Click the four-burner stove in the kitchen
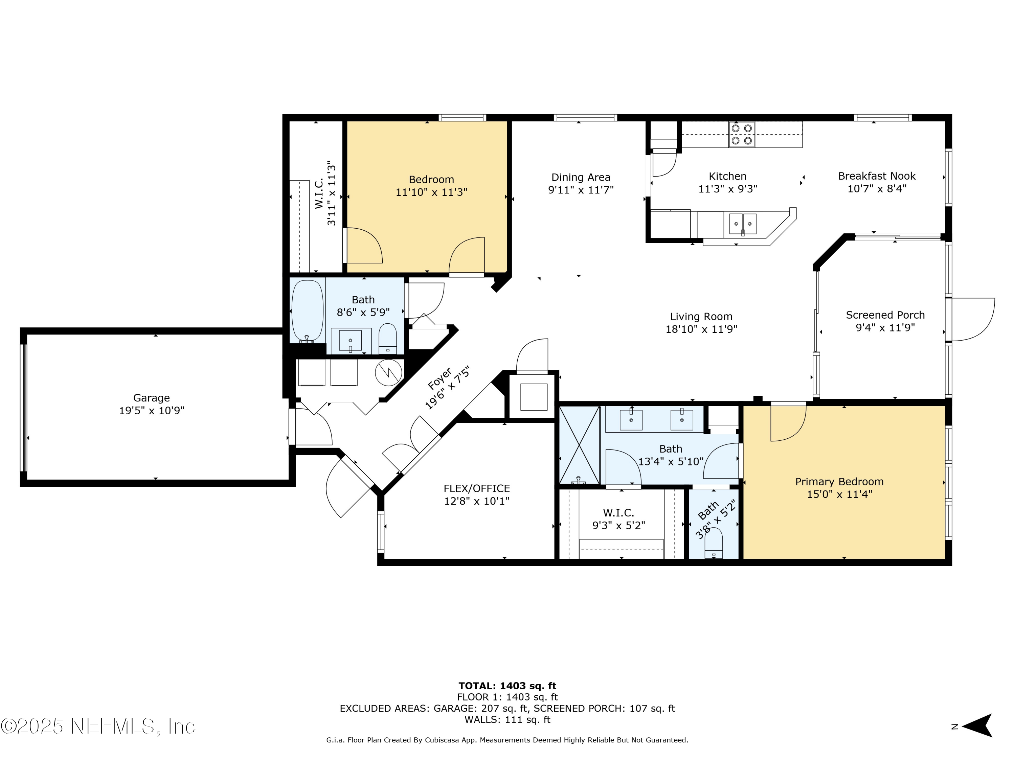pyautogui.click(x=742, y=134)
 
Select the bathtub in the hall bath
pyautogui.click(x=308, y=310)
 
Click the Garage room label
pyautogui.click(x=152, y=398)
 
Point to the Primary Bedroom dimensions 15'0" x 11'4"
pyautogui.click(x=839, y=494)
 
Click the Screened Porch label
pyautogui.click(x=885, y=315)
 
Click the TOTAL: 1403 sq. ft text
pyautogui.click(x=507, y=686)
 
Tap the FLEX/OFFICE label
pyautogui.click(x=477, y=488)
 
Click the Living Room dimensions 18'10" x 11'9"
pyautogui.click(x=701, y=329)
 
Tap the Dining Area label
pyautogui.click(x=581, y=177)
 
